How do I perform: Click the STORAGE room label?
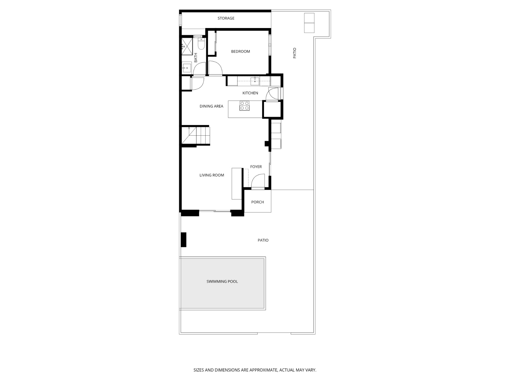tap(226, 18)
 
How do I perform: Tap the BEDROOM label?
tap(240, 51)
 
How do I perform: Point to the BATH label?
tap(196, 57)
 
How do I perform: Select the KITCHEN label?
tap(250, 93)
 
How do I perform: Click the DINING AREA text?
tap(211, 106)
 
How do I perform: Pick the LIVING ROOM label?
tap(212, 175)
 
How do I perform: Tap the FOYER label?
tap(256, 167)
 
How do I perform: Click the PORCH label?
tap(258, 202)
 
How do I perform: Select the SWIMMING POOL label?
tap(222, 282)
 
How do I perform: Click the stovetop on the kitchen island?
tap(244, 106)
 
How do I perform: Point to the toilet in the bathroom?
tap(201, 43)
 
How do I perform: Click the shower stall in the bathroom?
tap(187, 46)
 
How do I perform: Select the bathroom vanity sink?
tap(186, 67)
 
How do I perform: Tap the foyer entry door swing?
tap(258, 180)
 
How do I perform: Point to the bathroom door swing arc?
tap(200, 68)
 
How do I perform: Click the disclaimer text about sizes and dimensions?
tap(255, 370)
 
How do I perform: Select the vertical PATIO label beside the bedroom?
tap(295, 53)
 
